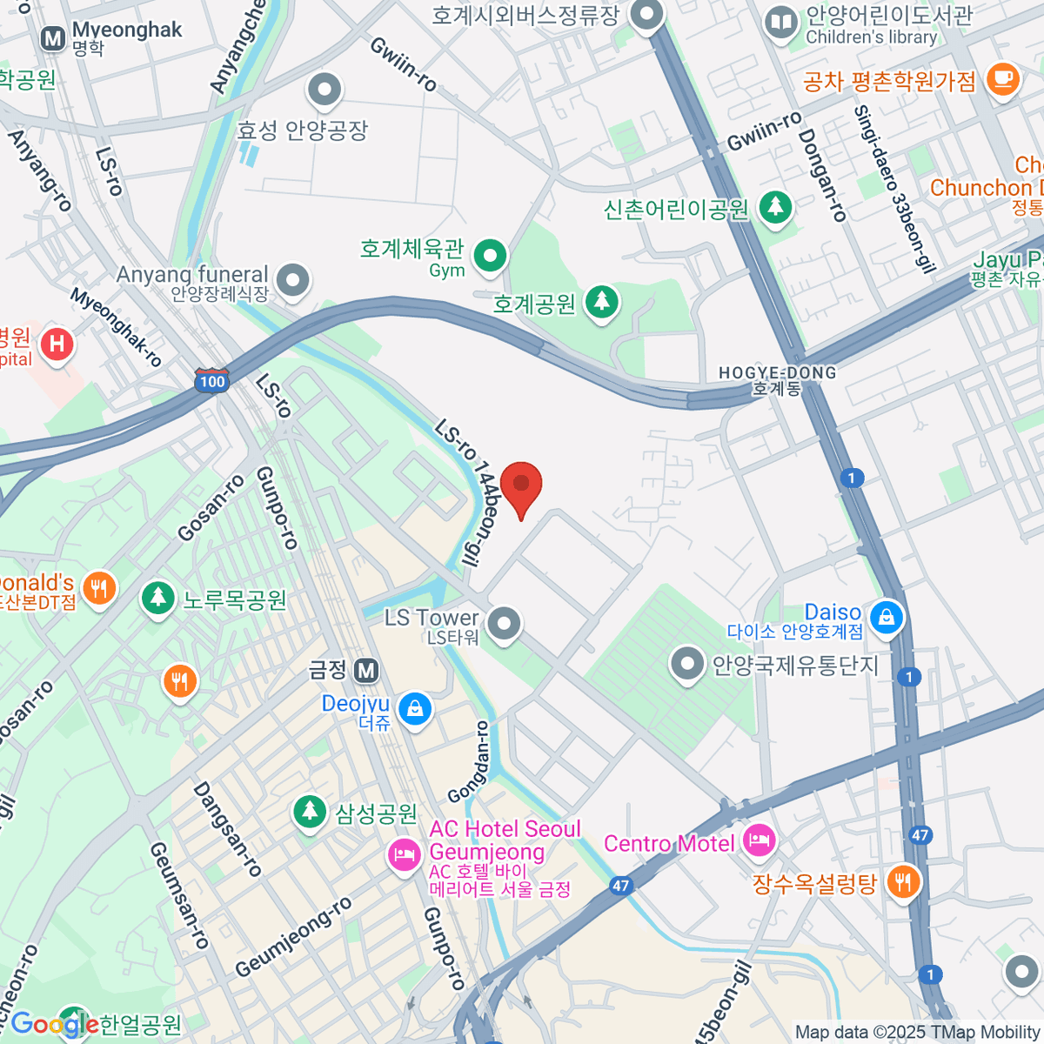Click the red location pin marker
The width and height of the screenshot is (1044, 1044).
[521, 485]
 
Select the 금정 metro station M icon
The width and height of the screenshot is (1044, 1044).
[366, 670]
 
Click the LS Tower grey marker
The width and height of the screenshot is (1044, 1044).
[504, 623]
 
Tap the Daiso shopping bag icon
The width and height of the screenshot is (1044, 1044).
[886, 617]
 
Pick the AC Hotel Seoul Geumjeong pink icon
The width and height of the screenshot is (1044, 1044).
[405, 854]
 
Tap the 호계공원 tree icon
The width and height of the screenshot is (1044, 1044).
[601, 302]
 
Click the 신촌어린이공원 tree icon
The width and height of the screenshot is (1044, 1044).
[774, 207]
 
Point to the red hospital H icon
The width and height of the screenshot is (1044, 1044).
[57, 344]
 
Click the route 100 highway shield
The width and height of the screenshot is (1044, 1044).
[211, 381]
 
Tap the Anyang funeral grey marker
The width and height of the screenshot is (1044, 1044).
[293, 281]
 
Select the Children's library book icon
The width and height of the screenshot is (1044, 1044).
[781, 23]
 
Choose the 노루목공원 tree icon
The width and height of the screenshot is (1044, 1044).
[157, 598]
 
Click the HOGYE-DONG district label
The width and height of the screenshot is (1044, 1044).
[777, 380]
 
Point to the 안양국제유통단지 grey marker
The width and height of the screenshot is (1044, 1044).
[687, 665]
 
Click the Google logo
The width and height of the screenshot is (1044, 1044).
[54, 1024]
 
